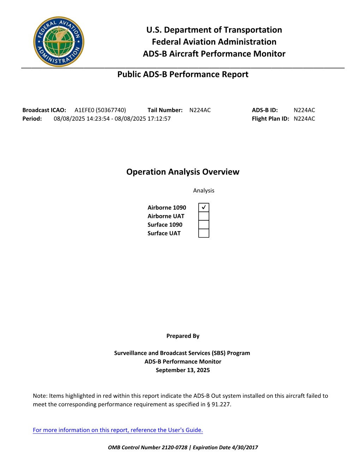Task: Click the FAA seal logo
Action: [x=59, y=42]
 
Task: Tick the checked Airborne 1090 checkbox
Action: [x=204, y=207]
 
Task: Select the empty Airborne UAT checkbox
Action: [x=204, y=216]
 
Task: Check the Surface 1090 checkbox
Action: [x=204, y=225]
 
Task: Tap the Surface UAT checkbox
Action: [x=204, y=233]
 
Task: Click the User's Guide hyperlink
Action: [x=118, y=430]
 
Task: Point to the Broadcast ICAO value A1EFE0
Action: [x=84, y=110]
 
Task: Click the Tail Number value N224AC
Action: [x=200, y=110]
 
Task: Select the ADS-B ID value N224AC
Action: [x=304, y=110]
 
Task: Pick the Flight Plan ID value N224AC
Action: [x=304, y=119]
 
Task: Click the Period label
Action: [x=32, y=119]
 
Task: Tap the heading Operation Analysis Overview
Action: [x=183, y=172]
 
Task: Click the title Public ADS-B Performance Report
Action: [x=183, y=74]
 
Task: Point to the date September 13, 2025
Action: [x=183, y=370]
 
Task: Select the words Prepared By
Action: [x=183, y=336]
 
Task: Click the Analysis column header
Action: [x=204, y=191]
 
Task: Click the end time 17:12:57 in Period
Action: [x=159, y=119]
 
